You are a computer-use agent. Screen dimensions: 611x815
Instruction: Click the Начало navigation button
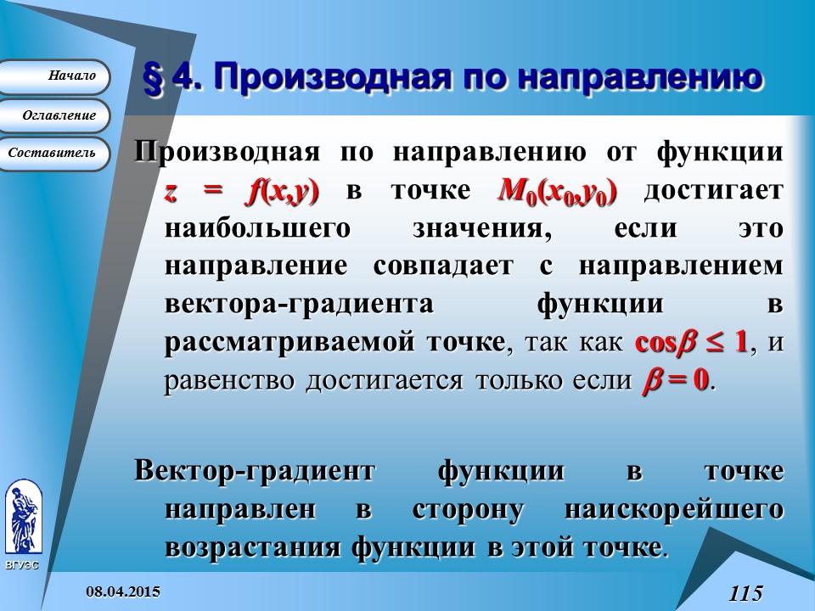pyautogui.click(x=54, y=76)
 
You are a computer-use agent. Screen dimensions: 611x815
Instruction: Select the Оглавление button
pyautogui.click(x=54, y=115)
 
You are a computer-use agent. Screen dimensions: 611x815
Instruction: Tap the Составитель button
pyautogui.click(x=53, y=154)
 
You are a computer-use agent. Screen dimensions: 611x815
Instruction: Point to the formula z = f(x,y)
pyautogui.click(x=241, y=192)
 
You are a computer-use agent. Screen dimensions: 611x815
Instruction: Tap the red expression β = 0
pyautogui.click(x=672, y=379)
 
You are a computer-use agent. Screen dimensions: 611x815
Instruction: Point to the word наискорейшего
pyautogui.click(x=672, y=509)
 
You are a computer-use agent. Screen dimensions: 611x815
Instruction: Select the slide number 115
pyautogui.click(x=745, y=592)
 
